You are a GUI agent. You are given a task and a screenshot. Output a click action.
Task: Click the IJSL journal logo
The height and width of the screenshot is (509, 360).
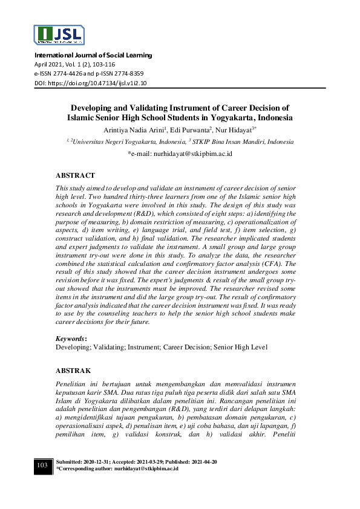coord(59,36)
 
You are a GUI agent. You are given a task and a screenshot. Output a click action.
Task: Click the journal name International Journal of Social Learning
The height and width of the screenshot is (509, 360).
coord(93,56)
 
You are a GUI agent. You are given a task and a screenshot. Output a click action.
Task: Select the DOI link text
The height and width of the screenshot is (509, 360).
coord(90,83)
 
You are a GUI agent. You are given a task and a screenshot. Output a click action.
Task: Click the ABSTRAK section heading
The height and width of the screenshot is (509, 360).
coord(73,369)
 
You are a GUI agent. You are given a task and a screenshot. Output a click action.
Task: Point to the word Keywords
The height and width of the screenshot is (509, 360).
coord(70,339)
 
